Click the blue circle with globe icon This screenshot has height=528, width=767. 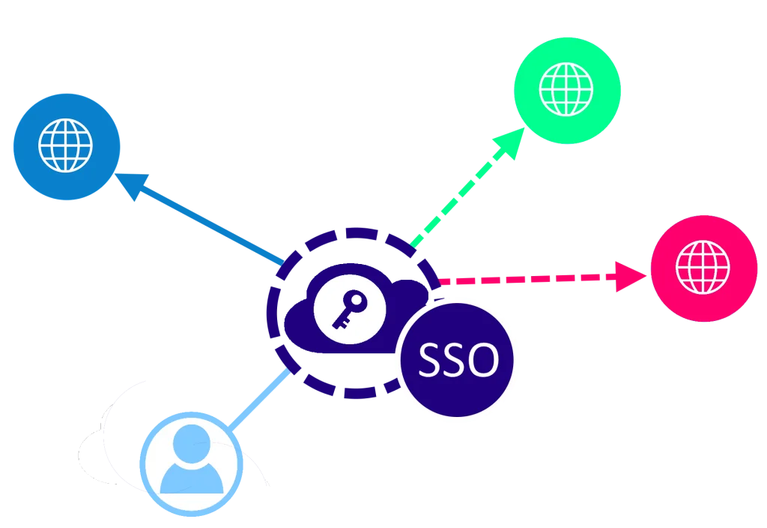tap(66, 147)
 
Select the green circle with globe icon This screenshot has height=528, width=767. tap(567, 88)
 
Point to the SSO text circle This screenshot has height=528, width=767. tap(458, 359)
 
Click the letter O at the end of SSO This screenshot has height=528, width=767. tap(483, 361)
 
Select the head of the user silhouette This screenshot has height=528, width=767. tap(192, 443)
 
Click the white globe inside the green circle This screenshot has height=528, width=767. tap(567, 88)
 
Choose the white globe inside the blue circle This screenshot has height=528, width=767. tap(66, 147)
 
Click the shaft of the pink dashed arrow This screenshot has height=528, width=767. tap(524, 280)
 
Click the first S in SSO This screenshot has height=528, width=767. tap(431, 361)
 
